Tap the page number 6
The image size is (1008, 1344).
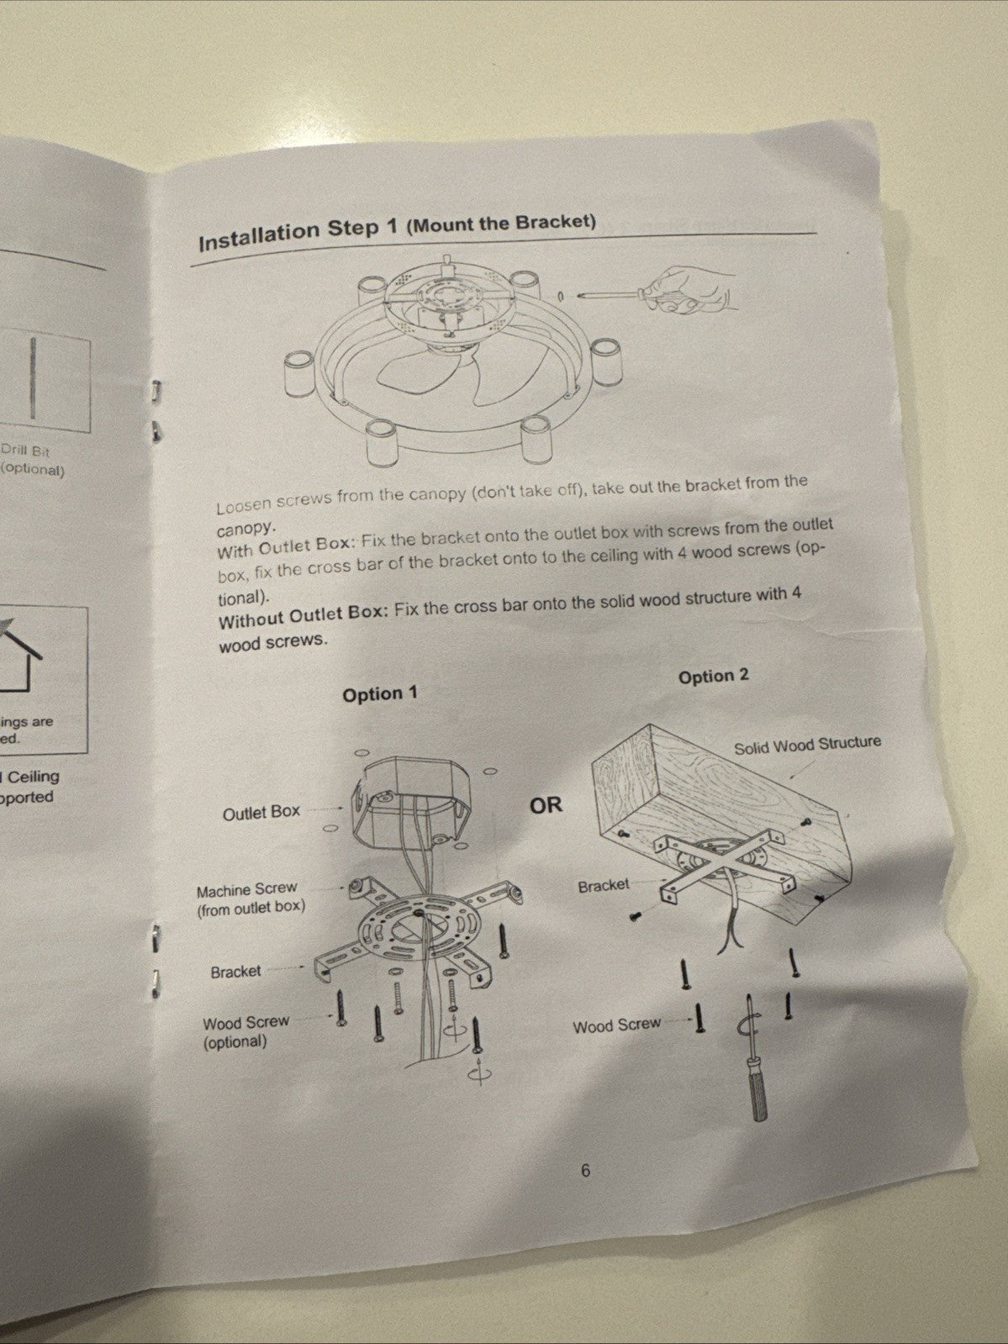point(585,1171)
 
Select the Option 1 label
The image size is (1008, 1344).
point(380,693)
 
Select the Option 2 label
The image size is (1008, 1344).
point(714,676)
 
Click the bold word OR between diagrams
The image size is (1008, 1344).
point(546,805)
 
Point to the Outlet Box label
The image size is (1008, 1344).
point(261,813)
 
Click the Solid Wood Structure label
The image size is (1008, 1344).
point(807,746)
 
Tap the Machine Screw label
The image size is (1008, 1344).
point(247,889)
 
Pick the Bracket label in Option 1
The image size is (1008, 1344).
point(235,971)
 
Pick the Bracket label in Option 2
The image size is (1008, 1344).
point(604,885)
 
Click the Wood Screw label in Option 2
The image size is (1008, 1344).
point(617,1025)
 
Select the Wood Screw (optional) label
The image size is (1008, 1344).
point(246,1032)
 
